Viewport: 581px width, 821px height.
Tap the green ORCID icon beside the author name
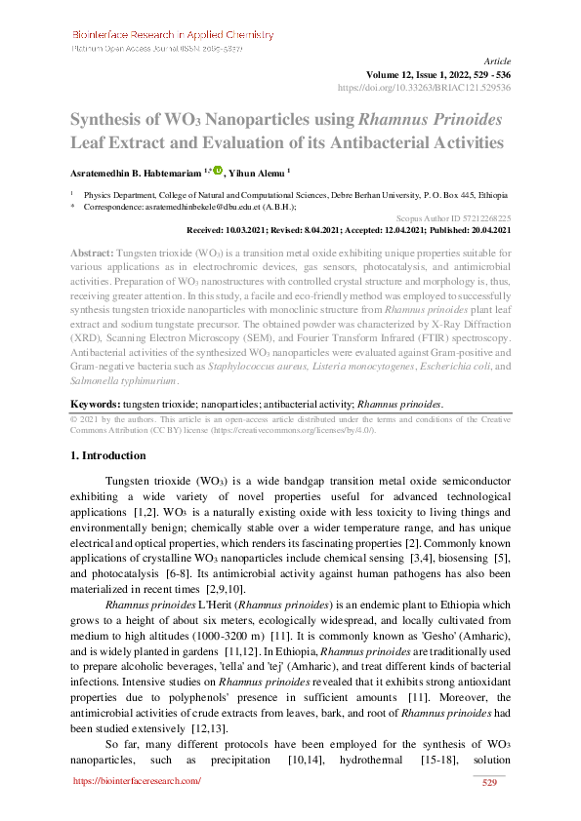tap(217, 171)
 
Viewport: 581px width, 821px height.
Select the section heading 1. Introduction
tap(109, 455)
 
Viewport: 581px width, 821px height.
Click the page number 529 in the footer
tap(490, 782)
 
